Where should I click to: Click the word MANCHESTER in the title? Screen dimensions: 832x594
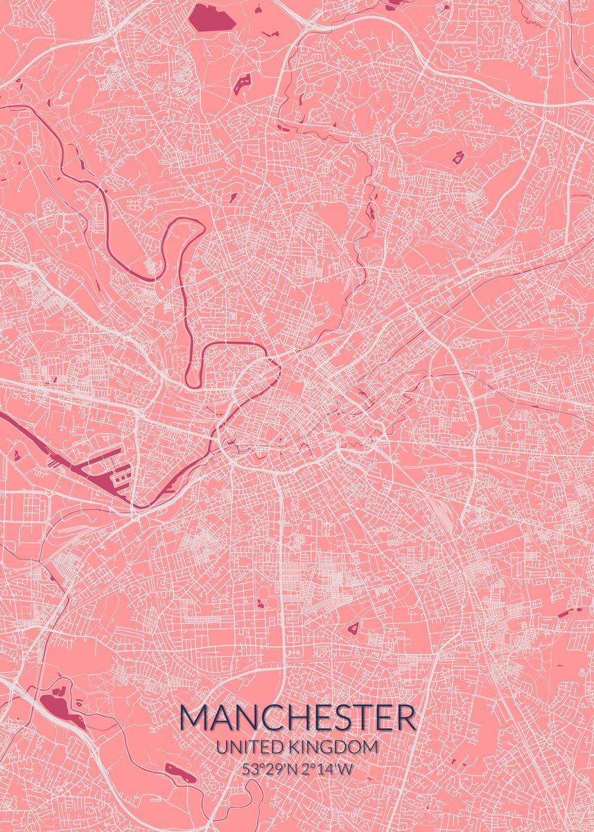click(x=298, y=718)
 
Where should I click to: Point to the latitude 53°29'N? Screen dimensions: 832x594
click(x=268, y=769)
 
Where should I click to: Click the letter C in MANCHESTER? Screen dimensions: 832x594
click(x=272, y=718)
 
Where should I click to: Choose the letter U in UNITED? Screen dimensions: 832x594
click(x=222, y=747)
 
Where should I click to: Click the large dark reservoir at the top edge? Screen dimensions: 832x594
click(x=213, y=17)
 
